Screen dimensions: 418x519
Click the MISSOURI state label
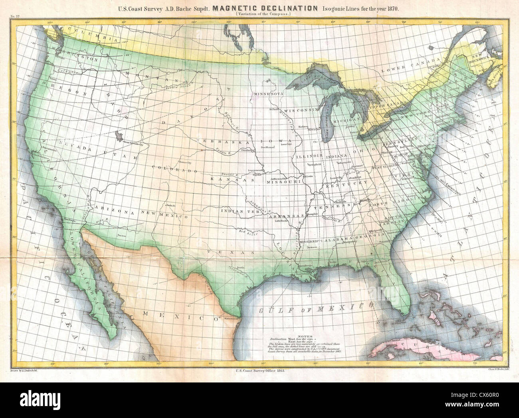[285, 181]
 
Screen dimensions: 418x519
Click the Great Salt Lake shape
[118, 135]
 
